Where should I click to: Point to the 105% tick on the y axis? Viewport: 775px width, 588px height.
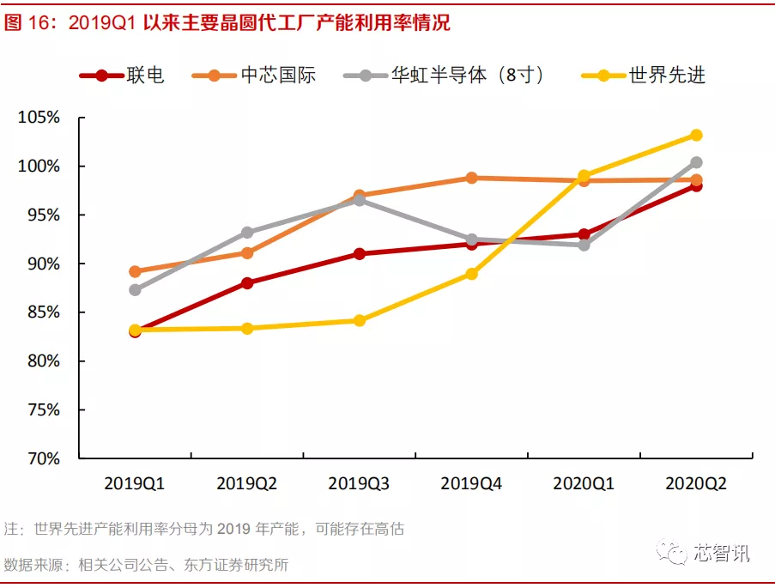coord(39,118)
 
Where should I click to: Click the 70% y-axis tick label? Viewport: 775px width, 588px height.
coord(43,459)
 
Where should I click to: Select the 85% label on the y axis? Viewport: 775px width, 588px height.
coord(43,312)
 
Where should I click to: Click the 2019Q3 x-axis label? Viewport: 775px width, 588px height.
coord(359,483)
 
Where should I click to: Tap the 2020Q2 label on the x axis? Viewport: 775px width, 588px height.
coord(696,483)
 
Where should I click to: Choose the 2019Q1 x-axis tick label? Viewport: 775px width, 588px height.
coord(134,483)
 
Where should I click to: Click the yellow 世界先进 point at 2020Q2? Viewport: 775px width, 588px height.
coord(696,135)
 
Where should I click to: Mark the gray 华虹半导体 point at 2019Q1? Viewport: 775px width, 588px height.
coord(135,290)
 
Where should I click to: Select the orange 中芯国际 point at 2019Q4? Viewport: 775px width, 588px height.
coord(471,178)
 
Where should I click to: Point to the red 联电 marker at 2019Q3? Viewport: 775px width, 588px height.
coord(359,254)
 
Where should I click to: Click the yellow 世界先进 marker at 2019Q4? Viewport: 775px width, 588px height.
coord(471,274)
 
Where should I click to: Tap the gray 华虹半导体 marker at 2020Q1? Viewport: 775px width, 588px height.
coord(584,245)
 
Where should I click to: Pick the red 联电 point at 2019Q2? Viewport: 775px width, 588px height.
coord(247,283)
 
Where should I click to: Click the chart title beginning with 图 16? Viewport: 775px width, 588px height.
coord(227,23)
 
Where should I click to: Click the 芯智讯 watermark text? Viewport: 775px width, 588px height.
coord(722,553)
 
